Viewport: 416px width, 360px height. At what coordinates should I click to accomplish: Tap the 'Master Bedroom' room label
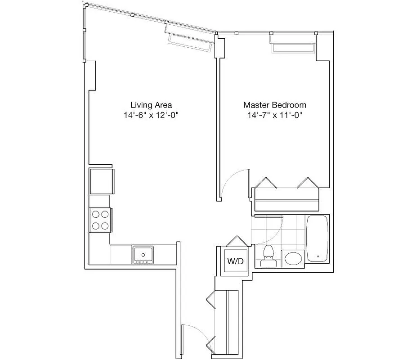(274, 105)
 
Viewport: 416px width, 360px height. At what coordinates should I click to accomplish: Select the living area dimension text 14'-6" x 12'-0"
(151, 115)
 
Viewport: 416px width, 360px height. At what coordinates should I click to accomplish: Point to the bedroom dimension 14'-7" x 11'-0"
(274, 115)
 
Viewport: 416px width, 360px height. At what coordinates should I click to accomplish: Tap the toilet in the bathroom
(268, 256)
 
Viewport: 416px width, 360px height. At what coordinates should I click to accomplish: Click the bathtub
(318, 238)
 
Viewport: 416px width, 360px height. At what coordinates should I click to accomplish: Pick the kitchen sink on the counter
(143, 254)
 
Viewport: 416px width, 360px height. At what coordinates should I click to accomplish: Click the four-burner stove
(100, 220)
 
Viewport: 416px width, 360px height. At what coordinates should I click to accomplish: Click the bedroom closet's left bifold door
(267, 183)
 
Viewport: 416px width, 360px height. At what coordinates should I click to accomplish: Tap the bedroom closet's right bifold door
(308, 183)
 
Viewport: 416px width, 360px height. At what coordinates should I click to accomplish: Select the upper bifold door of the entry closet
(210, 298)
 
